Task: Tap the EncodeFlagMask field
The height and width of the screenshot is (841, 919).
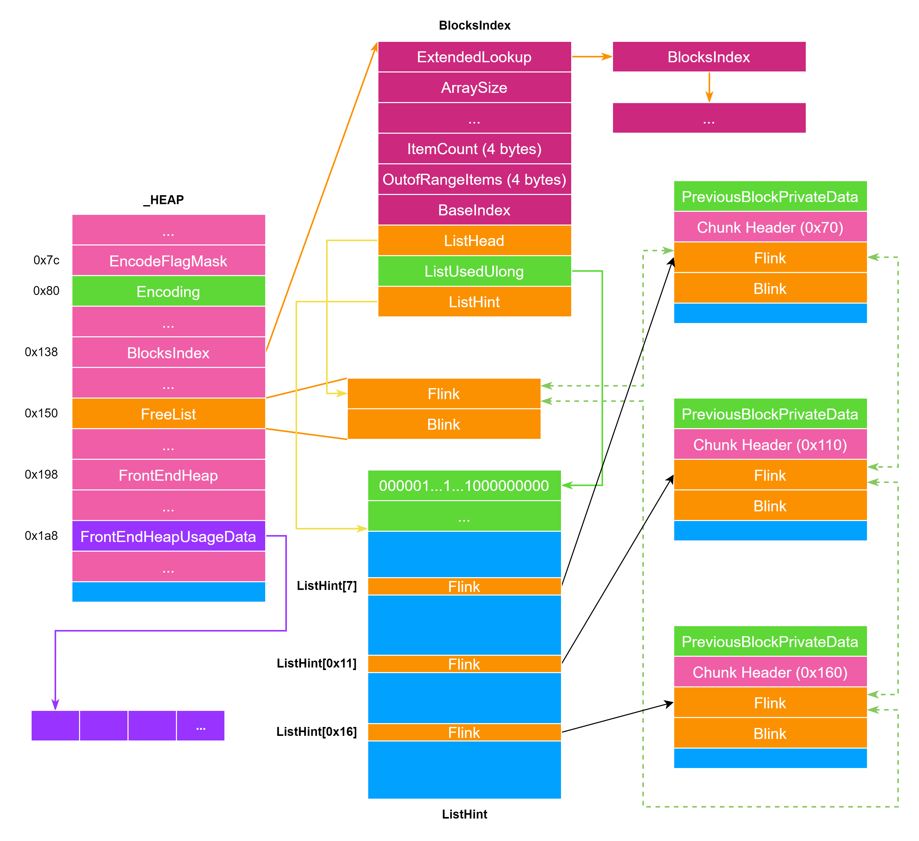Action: (x=168, y=261)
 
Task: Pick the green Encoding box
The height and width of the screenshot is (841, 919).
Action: (x=168, y=291)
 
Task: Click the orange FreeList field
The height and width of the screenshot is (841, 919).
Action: (x=168, y=414)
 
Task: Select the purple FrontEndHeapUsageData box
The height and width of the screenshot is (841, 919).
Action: (x=168, y=536)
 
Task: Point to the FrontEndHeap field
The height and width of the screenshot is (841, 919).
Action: (x=168, y=475)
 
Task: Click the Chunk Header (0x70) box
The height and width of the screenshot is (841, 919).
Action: (x=770, y=227)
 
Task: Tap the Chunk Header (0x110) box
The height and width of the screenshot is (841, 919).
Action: (x=770, y=445)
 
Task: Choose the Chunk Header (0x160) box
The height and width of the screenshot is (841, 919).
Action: (x=770, y=672)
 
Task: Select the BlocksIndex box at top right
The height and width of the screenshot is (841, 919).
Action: (x=709, y=57)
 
